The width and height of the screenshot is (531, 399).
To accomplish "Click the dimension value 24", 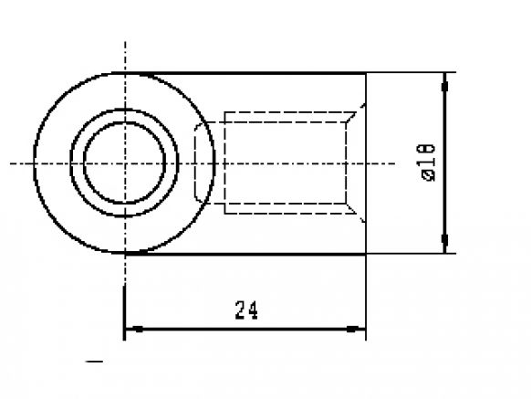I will [x=245, y=311].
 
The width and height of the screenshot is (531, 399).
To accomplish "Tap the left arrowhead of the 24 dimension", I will [x=130, y=328].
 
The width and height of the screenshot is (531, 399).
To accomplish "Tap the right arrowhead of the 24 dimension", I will [x=359, y=328].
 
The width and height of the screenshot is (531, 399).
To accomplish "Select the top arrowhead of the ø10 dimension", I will [x=444, y=83].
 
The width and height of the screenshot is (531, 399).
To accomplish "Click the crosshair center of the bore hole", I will [x=125, y=163].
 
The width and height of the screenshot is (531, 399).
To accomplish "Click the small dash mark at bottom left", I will [x=94, y=362].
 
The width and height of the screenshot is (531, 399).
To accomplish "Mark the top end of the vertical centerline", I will [x=125, y=41].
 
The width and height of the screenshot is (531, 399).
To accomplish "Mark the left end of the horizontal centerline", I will [x=11, y=163].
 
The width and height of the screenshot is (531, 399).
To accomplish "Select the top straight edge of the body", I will [x=274, y=72].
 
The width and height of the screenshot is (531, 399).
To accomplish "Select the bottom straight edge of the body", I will [x=274, y=254].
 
